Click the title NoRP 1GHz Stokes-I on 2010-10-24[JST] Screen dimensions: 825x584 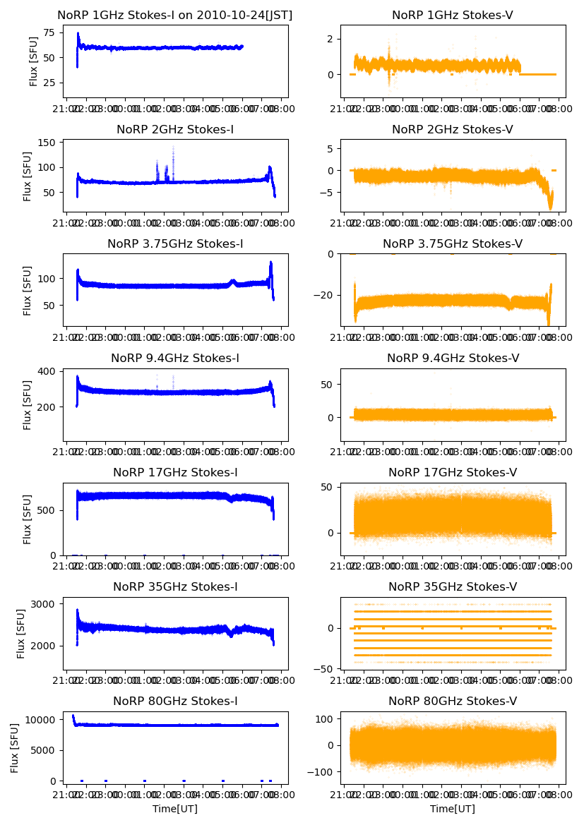(175, 15)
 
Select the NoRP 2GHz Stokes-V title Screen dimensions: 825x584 (453, 129)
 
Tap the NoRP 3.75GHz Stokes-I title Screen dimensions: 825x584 (175, 243)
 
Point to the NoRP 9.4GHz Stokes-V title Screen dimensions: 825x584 (453, 358)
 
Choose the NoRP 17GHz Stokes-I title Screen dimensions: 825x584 (175, 472)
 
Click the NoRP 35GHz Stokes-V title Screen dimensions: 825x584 (453, 586)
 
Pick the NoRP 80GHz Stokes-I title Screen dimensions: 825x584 (175, 701)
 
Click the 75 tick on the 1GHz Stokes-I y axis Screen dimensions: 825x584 (50, 32)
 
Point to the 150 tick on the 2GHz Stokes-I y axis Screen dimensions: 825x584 (47, 143)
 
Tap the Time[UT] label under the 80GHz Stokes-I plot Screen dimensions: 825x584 (175, 809)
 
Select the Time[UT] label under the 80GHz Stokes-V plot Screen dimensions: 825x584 (453, 809)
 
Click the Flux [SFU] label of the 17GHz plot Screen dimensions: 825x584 (28, 519)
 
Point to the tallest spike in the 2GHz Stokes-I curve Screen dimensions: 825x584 (174, 148)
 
